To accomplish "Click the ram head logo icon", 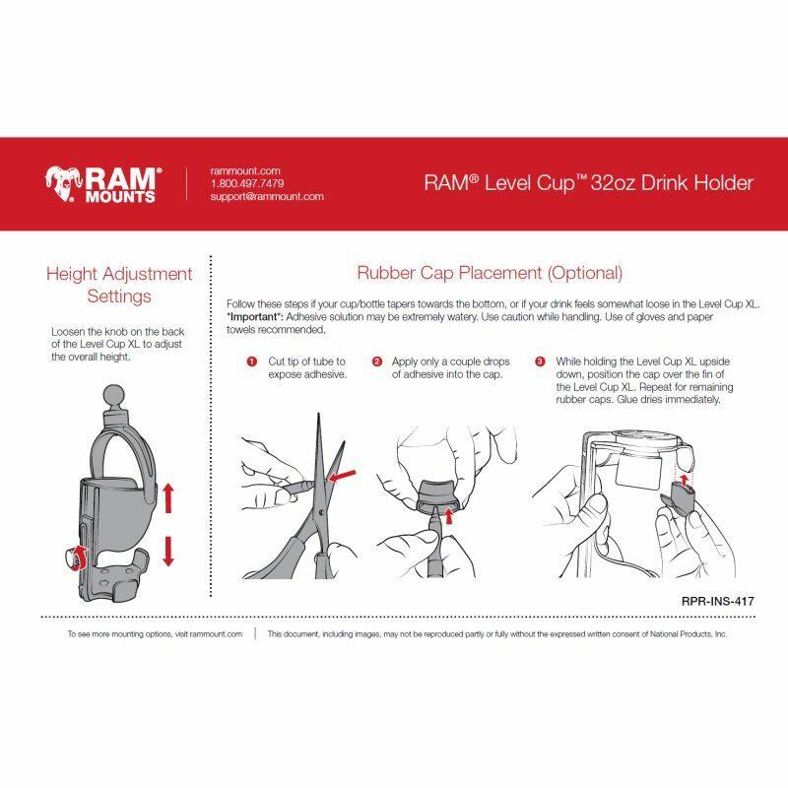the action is [62, 183].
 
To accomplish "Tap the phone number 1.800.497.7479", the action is [247, 183].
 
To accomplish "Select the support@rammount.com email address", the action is [267, 196].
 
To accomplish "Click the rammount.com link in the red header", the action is [245, 170].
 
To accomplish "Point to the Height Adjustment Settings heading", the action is [119, 285].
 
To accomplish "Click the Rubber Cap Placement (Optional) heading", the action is [490, 273].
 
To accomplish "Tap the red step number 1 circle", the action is [252, 361].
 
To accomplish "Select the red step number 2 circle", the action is [377, 361].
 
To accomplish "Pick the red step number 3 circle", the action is [540, 361].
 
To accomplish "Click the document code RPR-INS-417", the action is [718, 601].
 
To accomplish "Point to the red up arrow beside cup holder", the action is [168, 497].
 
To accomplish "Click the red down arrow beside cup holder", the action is [168, 552].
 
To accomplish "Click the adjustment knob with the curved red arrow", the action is [75, 558].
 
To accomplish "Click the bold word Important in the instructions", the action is [255, 317].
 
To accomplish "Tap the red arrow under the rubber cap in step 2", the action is [449, 515].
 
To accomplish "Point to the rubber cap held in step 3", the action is [679, 497].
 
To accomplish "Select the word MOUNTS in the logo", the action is [120, 196].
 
